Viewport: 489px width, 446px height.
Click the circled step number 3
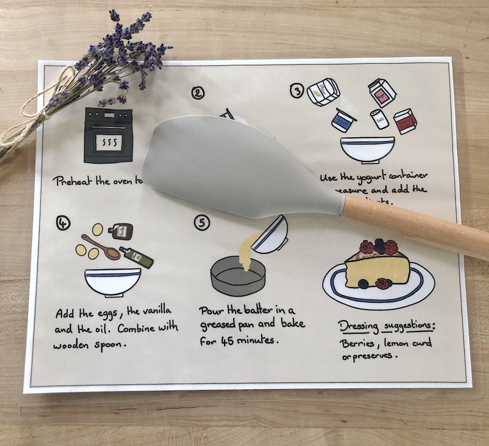tap(296, 90)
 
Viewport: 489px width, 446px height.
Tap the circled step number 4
tap(63, 223)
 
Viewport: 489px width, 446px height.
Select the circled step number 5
tap(202, 223)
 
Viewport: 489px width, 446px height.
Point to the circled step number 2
tap(198, 93)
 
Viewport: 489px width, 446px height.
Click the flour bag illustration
tap(323, 92)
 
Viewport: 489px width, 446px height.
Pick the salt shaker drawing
tap(379, 119)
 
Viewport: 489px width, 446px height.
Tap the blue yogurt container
tap(344, 120)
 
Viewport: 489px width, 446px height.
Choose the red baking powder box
tap(405, 121)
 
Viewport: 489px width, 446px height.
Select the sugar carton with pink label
tap(382, 92)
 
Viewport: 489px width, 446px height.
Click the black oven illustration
tap(108, 135)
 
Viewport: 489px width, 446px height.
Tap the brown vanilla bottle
tap(121, 231)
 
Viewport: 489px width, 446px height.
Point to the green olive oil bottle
tap(136, 257)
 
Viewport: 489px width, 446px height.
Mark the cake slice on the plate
tap(377, 268)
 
